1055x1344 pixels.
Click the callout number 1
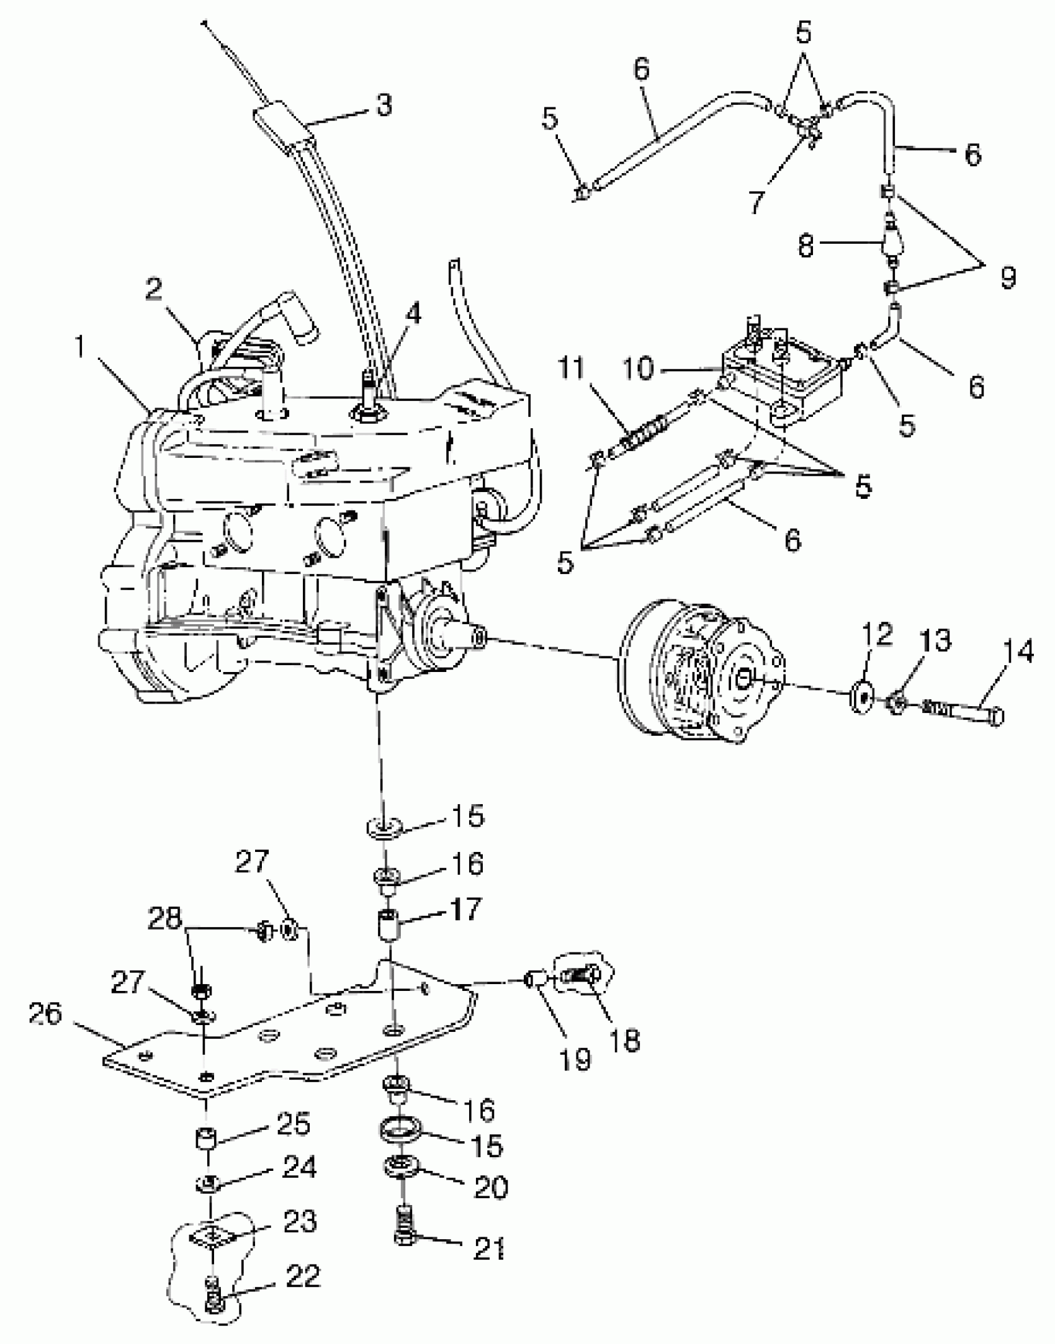click(80, 349)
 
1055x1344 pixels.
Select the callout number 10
click(637, 370)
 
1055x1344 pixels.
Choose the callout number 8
click(805, 246)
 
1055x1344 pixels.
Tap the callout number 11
click(571, 369)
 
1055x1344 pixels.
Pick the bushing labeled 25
click(206, 1139)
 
